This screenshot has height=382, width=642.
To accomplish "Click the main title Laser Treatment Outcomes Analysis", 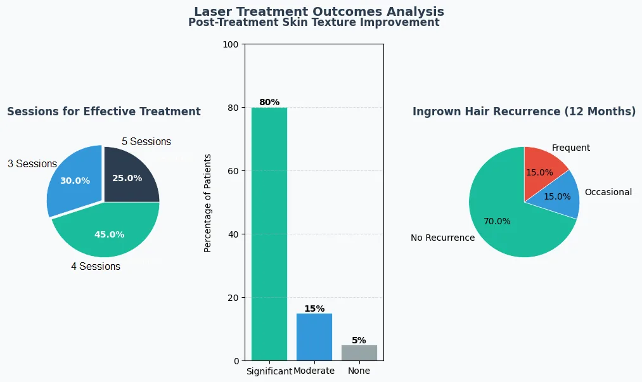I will pos(319,11).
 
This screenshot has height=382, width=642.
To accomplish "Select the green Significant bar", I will pos(269,234).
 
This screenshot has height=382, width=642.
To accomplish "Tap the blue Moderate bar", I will pos(314,337).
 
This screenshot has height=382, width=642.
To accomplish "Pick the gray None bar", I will pos(359,352).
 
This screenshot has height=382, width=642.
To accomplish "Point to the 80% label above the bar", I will pos(269,102).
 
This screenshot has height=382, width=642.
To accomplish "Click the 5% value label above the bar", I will pos(359,340).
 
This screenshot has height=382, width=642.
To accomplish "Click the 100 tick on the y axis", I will pos(231,44).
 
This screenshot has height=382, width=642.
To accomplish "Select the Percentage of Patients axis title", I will pos(208,203).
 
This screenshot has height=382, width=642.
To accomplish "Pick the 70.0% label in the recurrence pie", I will pos(497,221).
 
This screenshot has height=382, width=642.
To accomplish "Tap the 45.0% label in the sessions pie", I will pos(109,234).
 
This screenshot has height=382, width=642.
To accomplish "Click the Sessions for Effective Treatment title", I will pos(104,111).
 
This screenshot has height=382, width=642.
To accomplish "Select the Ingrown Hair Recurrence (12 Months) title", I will pos(524,111).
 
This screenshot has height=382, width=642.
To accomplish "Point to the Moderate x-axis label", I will pos(314,371).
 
